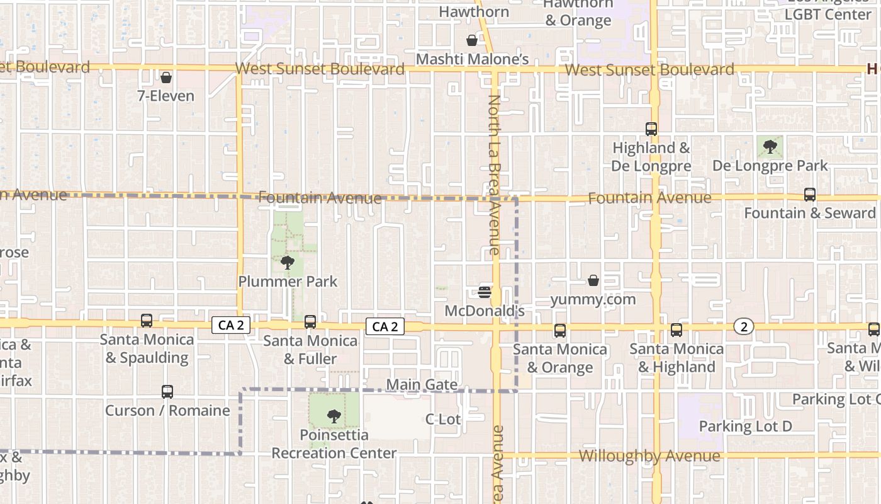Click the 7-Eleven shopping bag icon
click(166, 77)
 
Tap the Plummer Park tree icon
click(288, 263)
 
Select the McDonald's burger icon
click(485, 292)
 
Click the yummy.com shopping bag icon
click(593, 280)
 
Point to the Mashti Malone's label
click(472, 59)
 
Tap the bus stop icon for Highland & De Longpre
click(651, 129)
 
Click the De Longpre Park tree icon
click(770, 147)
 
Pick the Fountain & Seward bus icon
click(810, 195)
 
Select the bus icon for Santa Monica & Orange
click(559, 330)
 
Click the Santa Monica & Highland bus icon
click(676, 329)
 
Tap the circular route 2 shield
click(744, 326)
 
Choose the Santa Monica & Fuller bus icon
click(310, 322)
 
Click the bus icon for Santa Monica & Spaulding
click(147, 321)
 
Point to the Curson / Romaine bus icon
click(167, 392)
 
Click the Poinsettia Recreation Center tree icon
click(334, 416)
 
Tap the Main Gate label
click(422, 384)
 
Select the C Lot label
click(443, 419)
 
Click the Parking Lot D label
click(745, 427)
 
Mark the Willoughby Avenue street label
click(649, 456)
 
